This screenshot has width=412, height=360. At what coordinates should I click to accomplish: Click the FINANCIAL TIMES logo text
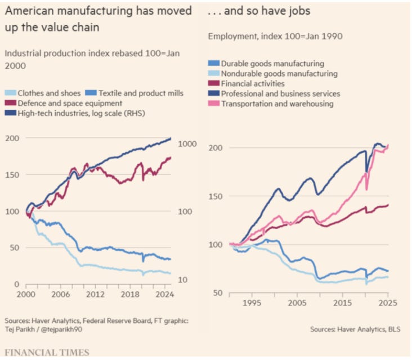(47, 353)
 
